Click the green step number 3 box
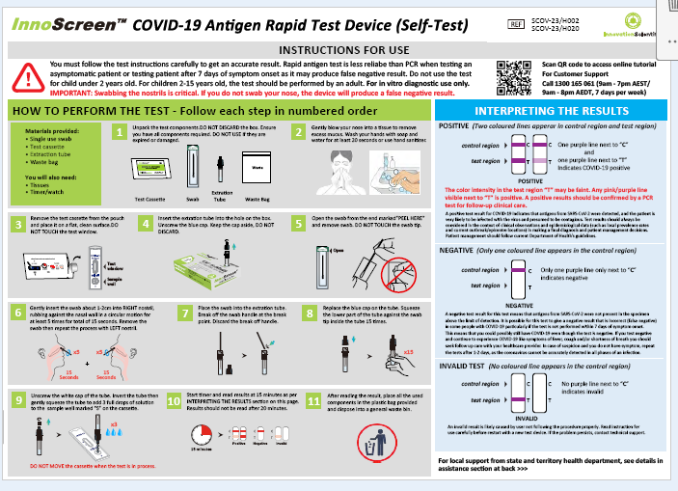[16, 223]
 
